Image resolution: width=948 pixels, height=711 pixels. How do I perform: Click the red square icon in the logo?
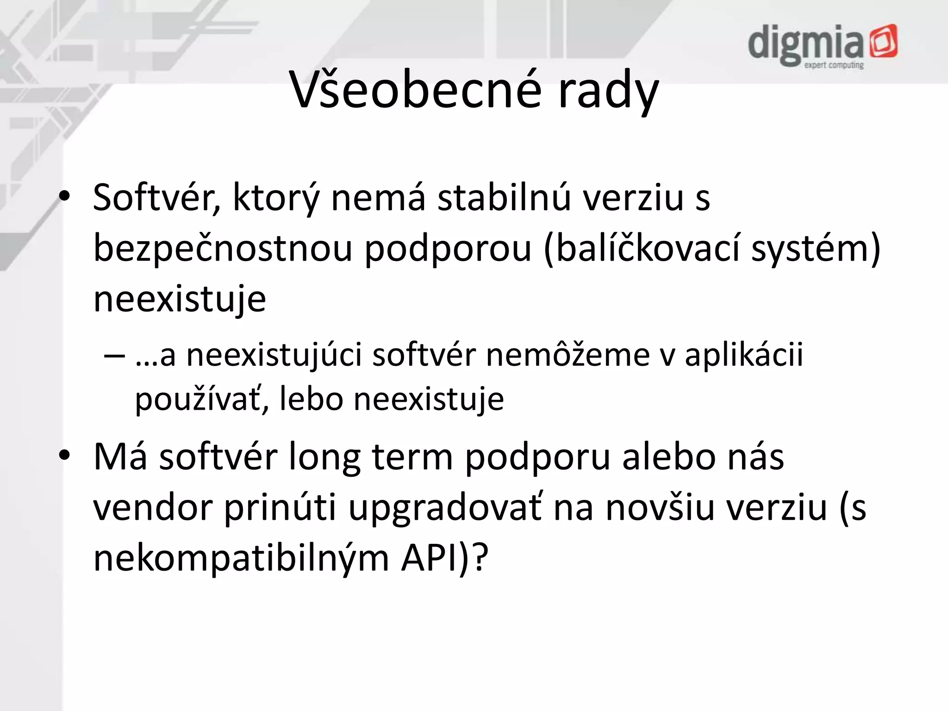tap(883, 41)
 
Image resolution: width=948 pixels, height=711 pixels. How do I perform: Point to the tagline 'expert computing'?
tap(834, 65)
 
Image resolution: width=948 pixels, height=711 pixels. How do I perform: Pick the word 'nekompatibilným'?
tap(241, 559)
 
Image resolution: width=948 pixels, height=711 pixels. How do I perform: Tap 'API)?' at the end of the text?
tap(445, 559)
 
